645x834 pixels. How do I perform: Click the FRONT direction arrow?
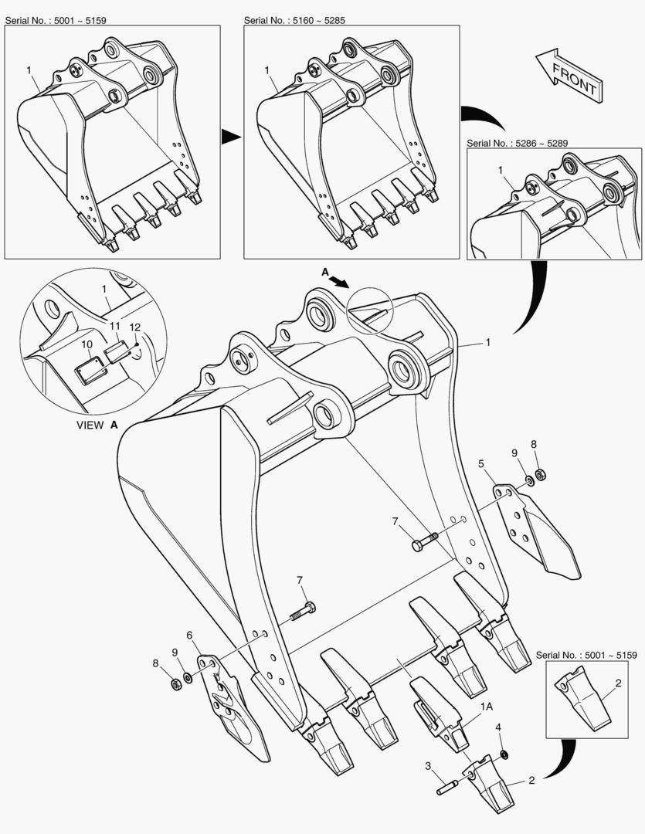[x=569, y=75]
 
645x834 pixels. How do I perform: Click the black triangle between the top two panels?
[x=231, y=137]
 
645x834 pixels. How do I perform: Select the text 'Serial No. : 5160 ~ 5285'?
[x=294, y=20]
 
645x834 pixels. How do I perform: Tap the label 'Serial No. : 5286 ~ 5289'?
[x=518, y=143]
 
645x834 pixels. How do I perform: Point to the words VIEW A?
[x=97, y=425]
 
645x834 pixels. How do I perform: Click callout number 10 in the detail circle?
[x=87, y=344]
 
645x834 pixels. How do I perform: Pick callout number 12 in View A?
[x=134, y=327]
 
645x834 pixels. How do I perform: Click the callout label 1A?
[x=487, y=707]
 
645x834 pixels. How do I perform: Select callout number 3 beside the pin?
[x=428, y=766]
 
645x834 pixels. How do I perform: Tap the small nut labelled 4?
[x=504, y=754]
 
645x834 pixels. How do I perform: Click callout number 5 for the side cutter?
[x=481, y=464]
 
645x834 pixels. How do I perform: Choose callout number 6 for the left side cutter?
[x=189, y=635]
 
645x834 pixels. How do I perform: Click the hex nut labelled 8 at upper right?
[x=540, y=474]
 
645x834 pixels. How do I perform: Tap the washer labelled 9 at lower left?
[x=188, y=678]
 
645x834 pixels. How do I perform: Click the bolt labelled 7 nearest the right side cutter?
[x=424, y=541]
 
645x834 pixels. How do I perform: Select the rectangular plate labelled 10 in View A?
[x=90, y=370]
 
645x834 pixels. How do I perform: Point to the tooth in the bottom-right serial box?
[x=583, y=699]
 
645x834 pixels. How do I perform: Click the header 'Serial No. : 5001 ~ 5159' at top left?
[x=56, y=20]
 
